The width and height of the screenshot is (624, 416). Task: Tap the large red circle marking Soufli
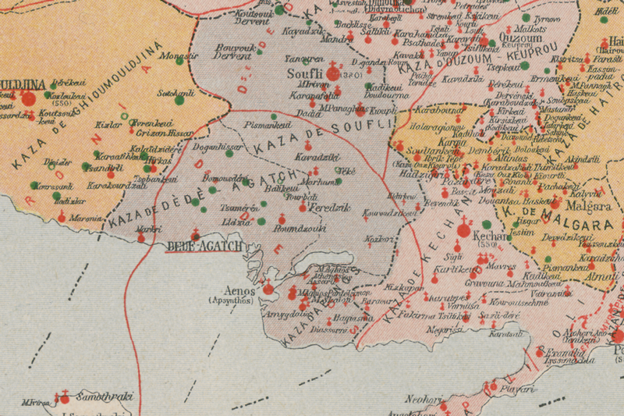coord(334,73)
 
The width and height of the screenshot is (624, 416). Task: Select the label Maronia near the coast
coord(85,218)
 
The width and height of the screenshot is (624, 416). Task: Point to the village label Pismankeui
coord(268,124)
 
